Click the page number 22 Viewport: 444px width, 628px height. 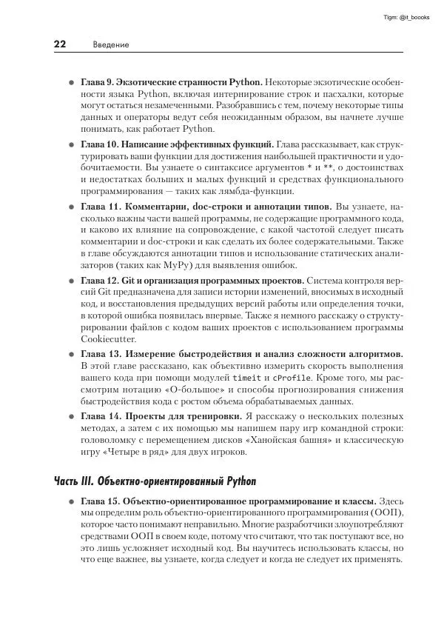click(60, 44)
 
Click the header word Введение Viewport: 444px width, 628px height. click(111, 45)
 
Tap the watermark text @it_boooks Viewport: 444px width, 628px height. click(412, 16)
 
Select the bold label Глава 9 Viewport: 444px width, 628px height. click(96, 81)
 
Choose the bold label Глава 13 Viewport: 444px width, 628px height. click(99, 354)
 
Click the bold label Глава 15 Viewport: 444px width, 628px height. click(99, 501)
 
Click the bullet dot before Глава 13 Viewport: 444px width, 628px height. click(71, 354)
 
